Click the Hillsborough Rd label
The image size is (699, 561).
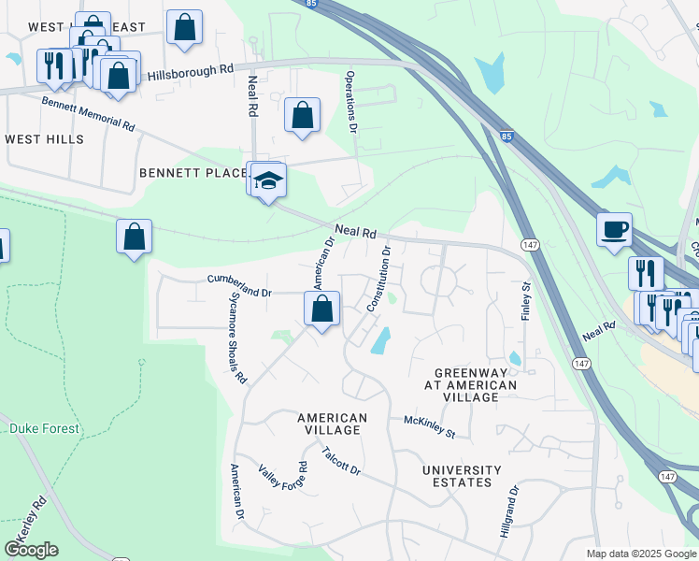click(x=191, y=71)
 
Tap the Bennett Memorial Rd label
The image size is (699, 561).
click(x=88, y=112)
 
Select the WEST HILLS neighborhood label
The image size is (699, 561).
click(x=44, y=139)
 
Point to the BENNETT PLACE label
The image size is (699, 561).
click(x=193, y=173)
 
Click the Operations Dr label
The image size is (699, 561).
click(x=351, y=98)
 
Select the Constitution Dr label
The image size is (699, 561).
click(x=378, y=279)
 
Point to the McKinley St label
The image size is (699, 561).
click(x=429, y=427)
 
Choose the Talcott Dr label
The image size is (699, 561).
click(x=340, y=461)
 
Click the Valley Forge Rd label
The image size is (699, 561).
click(x=282, y=482)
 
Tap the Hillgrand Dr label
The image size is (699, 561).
click(x=513, y=509)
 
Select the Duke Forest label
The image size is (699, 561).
click(x=44, y=429)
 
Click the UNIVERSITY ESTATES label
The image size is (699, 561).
click(x=462, y=476)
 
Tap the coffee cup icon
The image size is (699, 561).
click(x=614, y=229)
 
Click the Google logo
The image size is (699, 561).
click(x=32, y=550)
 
